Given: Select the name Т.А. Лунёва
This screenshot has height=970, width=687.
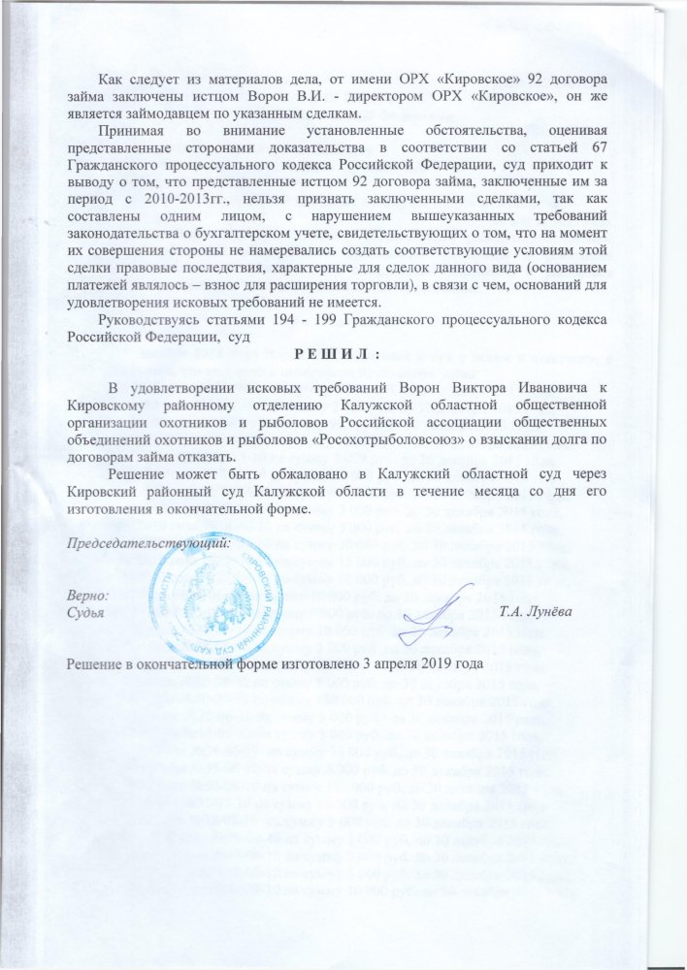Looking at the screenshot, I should click(533, 612).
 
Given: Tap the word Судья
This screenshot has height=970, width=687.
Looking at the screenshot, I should click(86, 612).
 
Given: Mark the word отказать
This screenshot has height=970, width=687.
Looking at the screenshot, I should click(214, 453).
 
